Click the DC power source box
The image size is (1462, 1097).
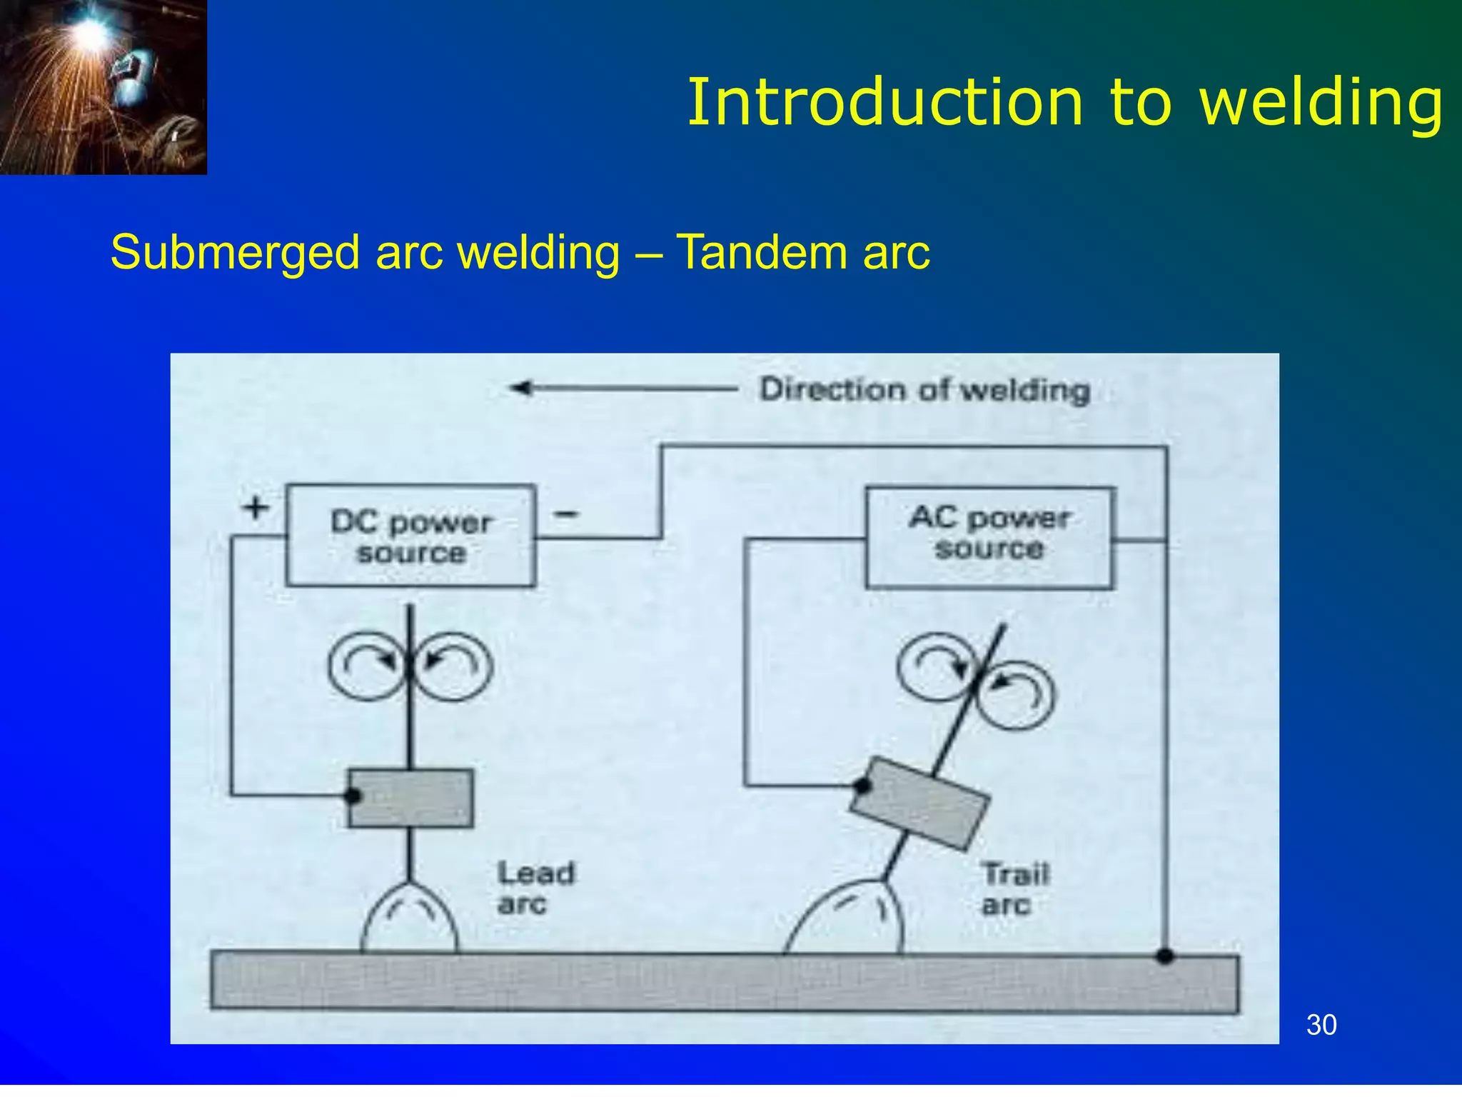coord(410,536)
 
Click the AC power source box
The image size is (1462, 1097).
coord(989,537)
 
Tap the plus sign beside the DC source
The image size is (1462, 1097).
coord(256,508)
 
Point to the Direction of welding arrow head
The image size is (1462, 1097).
coord(520,388)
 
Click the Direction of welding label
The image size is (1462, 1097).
coord(924,390)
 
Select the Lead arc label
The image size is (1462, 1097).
coord(535,888)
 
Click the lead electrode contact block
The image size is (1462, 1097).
coord(411,798)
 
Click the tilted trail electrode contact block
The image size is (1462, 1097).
coord(920,803)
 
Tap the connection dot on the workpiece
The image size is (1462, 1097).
coord(1165,956)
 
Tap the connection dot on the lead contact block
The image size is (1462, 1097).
coord(352,796)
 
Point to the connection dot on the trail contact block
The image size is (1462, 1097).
coord(862,786)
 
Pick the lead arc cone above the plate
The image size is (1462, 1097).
coord(409,918)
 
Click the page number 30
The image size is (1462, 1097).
coord(1321,1025)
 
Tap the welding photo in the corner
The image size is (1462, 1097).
coord(104,86)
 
